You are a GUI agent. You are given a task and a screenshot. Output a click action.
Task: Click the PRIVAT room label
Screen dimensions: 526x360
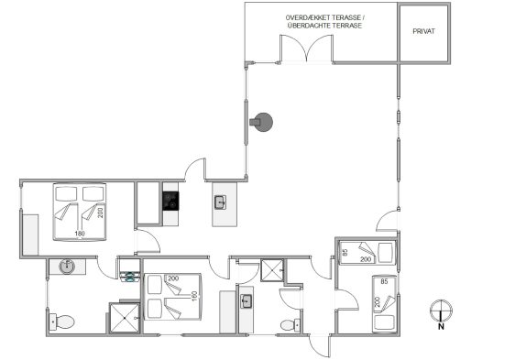423,31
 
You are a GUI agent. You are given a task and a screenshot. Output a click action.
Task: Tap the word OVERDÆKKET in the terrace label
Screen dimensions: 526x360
306,17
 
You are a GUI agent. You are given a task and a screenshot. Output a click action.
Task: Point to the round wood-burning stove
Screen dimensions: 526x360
261,122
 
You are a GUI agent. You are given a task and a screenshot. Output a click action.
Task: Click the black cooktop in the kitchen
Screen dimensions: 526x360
170,201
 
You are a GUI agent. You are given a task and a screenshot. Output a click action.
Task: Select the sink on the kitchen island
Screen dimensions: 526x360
220,202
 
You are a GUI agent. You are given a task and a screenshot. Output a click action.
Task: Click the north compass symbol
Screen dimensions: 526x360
441,311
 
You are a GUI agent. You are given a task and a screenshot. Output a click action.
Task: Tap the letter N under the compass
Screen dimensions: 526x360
441,326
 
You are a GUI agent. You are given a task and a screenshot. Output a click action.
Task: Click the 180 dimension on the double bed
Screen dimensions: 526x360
80,234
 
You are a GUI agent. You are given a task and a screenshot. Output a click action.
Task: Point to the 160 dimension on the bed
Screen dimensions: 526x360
194,296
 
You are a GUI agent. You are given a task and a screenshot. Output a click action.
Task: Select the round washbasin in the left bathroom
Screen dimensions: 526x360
67,267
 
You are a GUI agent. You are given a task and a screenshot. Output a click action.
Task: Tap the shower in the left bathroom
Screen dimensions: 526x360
125,318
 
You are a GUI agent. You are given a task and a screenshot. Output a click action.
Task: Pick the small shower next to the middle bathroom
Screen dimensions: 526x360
272,270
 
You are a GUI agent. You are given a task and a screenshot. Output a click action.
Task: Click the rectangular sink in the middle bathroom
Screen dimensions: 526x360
247,301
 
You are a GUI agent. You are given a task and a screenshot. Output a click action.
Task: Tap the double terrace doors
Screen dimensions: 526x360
307,49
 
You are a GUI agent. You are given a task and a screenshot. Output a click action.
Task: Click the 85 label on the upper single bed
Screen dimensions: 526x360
344,252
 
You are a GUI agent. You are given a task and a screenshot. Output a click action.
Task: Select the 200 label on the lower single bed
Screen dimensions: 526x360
377,302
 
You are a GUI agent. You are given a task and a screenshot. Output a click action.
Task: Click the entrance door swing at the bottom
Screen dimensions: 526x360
319,345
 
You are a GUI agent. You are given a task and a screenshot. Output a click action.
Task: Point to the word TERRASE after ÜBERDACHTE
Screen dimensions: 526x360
347,26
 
